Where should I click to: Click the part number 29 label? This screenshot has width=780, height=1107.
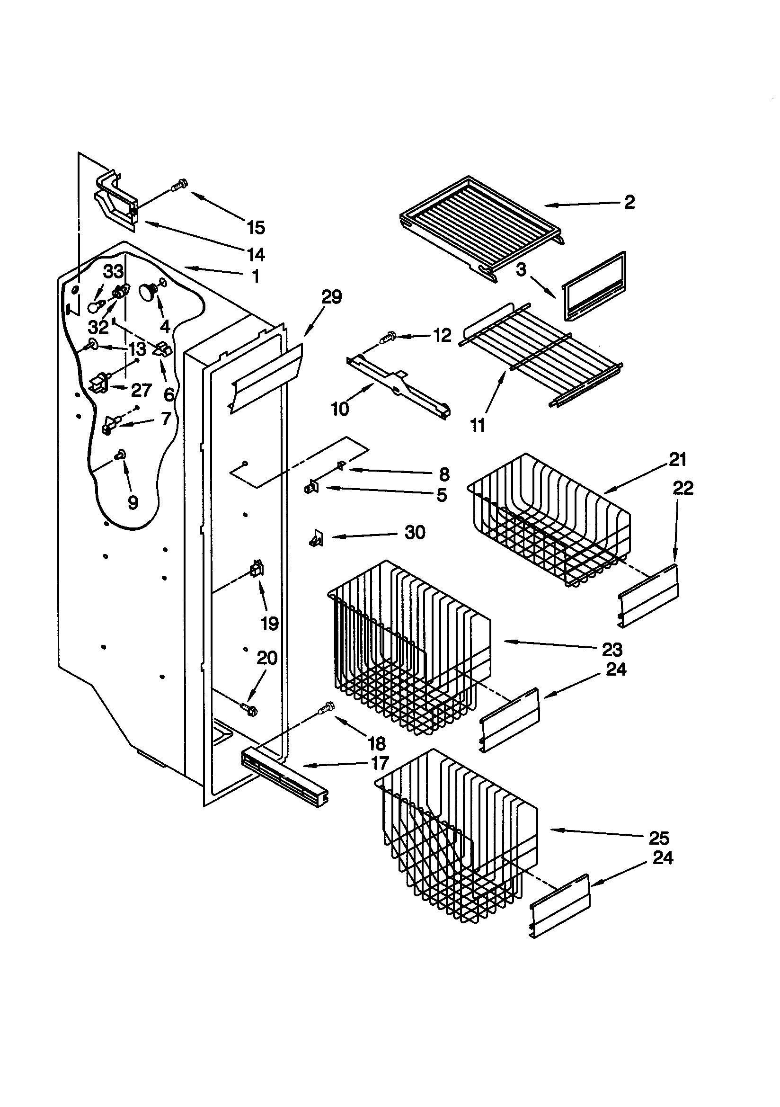(x=331, y=297)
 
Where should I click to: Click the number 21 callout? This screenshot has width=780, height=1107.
(x=677, y=459)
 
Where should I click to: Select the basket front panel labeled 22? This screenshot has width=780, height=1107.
(x=648, y=597)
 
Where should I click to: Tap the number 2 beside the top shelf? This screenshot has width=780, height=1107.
(x=629, y=202)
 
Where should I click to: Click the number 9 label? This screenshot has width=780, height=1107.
(x=133, y=503)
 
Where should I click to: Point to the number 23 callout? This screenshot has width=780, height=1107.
(x=612, y=650)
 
